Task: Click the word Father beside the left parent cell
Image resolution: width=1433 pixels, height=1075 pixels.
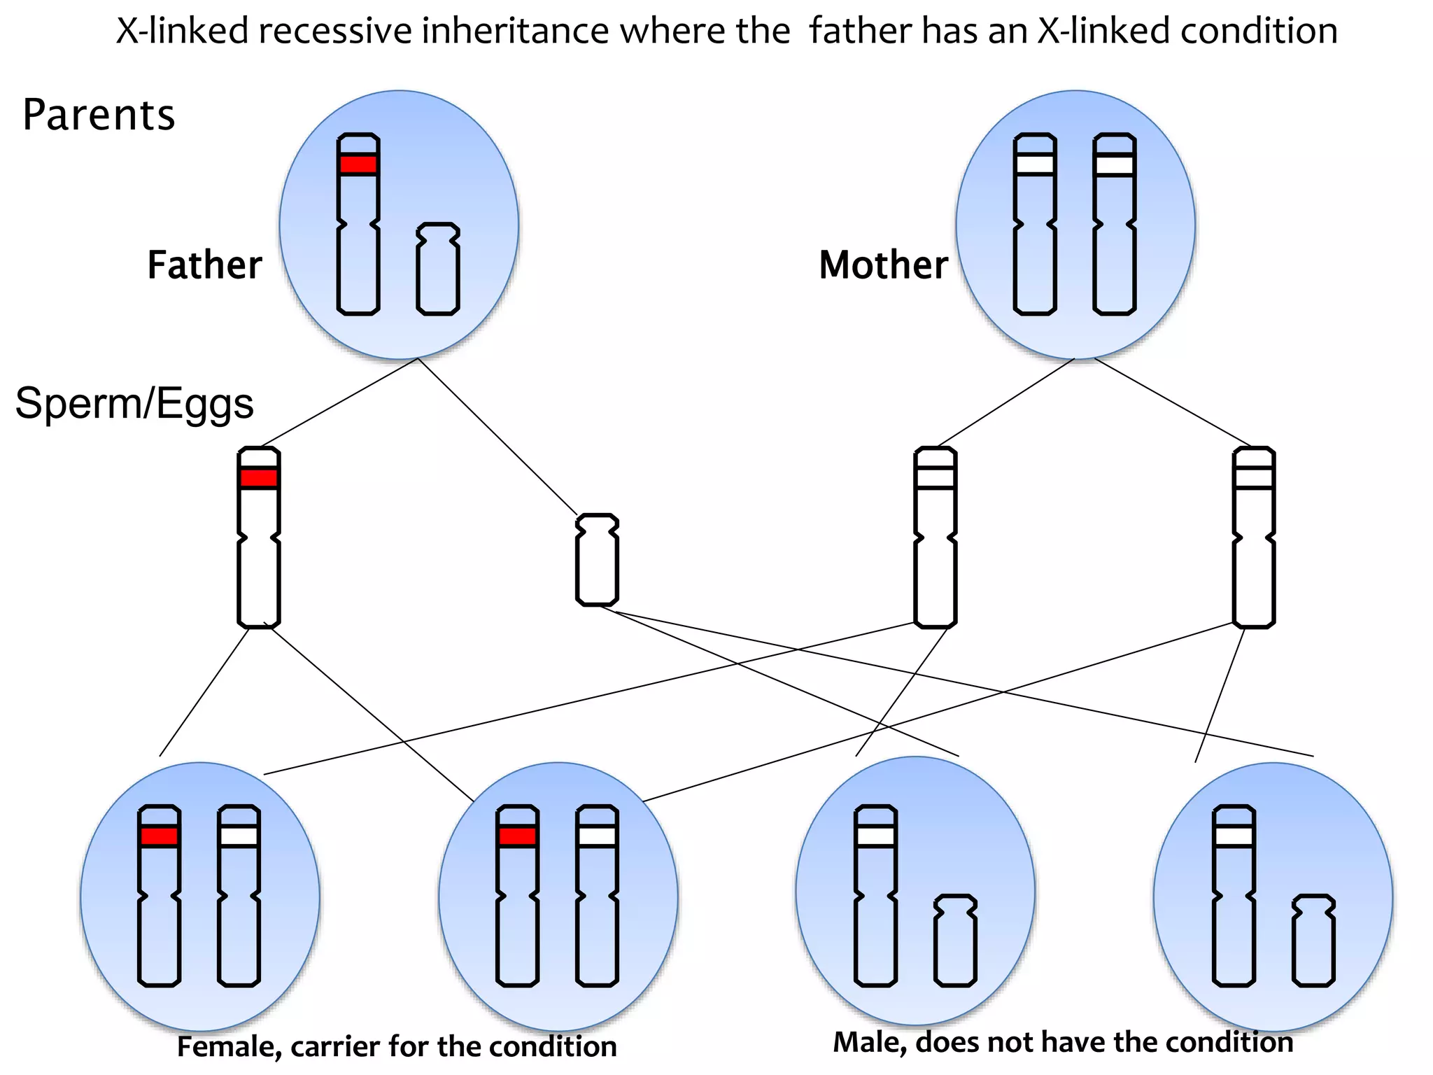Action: click(x=204, y=265)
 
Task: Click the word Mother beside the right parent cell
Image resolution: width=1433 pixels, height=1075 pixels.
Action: click(x=883, y=265)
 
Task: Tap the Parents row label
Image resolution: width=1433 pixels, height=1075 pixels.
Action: click(x=99, y=115)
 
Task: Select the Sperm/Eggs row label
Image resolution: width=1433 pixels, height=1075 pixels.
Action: click(x=134, y=404)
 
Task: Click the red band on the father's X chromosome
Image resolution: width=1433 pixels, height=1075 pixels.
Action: click(x=358, y=164)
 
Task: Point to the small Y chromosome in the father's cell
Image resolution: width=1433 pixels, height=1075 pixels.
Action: click(x=438, y=269)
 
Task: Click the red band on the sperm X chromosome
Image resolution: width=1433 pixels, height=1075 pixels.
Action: click(x=259, y=478)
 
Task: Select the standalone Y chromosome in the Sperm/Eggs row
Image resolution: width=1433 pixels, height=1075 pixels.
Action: click(x=597, y=560)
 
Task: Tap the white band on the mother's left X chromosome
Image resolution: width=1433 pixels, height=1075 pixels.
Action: click(x=1035, y=164)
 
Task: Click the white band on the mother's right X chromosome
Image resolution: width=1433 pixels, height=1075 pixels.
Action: click(x=1115, y=164)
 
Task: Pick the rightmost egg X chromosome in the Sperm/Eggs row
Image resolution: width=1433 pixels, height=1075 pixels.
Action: click(x=1254, y=537)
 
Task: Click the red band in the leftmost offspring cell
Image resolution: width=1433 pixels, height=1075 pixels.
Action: click(x=160, y=836)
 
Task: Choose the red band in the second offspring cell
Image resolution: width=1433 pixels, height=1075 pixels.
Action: click(x=518, y=836)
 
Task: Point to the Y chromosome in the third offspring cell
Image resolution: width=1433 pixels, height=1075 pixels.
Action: click(x=955, y=941)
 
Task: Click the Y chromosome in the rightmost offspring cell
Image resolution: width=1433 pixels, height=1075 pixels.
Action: click(x=1313, y=941)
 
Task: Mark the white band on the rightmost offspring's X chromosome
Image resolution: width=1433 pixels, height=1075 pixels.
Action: click(x=1234, y=836)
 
